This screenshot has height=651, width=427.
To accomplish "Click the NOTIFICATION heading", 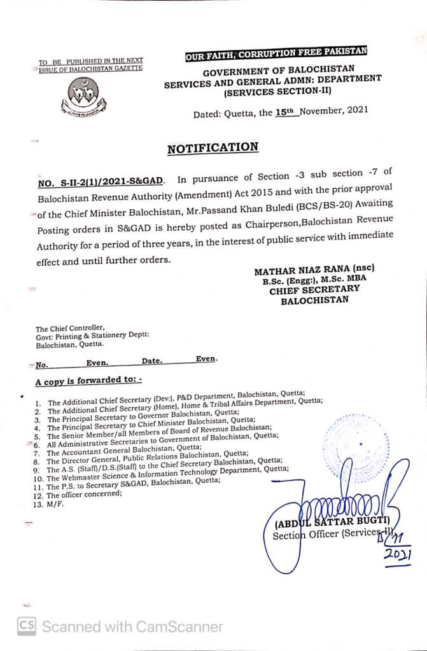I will [x=213, y=148].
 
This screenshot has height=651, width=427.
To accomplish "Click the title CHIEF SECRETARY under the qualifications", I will [x=314, y=289].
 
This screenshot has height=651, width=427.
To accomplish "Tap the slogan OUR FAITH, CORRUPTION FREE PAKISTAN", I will [x=276, y=55].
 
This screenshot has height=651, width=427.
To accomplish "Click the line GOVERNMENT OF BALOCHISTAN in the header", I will [x=279, y=69].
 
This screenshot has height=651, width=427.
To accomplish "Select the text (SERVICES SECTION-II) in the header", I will [x=276, y=91].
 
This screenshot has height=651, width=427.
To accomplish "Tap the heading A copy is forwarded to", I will [x=88, y=381].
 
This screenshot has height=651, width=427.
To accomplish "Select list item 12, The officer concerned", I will [x=83, y=495].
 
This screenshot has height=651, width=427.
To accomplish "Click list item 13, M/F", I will [x=55, y=504].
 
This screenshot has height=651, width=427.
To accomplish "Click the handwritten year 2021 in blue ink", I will [x=398, y=555].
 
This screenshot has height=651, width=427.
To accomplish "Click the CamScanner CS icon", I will [x=26, y=626].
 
